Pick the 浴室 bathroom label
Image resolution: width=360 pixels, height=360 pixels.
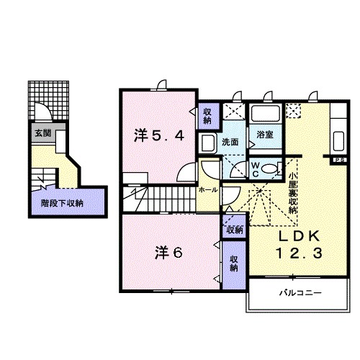(264, 134)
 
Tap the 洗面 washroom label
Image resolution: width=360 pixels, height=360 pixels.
(230, 142)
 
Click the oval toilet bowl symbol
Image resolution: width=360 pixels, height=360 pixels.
(269, 169)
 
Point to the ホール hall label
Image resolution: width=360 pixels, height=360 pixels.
(208, 189)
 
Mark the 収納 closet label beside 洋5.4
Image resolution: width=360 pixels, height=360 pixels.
(207, 114)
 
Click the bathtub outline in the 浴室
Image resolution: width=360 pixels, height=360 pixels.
(265, 114)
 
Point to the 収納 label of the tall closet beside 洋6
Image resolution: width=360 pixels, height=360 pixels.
(234, 264)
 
